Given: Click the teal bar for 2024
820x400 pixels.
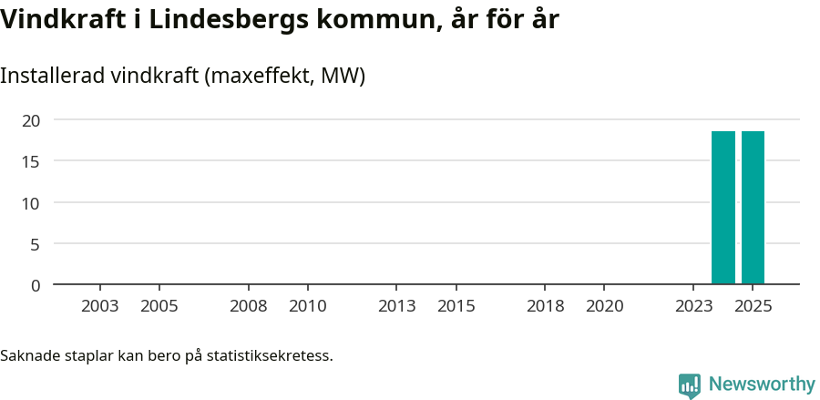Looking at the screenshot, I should tap(723, 208).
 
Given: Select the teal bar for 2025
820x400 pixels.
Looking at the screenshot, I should tap(753, 208).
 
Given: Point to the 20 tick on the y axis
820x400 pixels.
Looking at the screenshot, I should tap(32, 120).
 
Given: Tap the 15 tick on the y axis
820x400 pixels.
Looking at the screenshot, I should tap(32, 161).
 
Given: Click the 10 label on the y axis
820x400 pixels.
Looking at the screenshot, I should tap(32, 202).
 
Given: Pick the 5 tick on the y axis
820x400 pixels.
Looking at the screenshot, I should tap(36, 243).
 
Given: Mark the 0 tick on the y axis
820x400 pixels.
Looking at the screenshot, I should tap(36, 285).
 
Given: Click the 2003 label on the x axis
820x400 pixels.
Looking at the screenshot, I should tap(100, 306).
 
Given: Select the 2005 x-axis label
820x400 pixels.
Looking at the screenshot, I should tap(159, 306).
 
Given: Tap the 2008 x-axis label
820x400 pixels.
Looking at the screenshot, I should tap(249, 306).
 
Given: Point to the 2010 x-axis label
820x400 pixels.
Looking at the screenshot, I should tap(308, 306).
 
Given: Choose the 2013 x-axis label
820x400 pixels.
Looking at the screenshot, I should tap(397, 306).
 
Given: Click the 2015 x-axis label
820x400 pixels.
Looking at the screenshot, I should tap(456, 306).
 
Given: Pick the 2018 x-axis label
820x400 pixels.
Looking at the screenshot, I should tap(546, 306).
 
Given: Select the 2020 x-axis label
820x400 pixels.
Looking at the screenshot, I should tap(605, 306).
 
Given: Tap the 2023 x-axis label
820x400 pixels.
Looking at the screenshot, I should tap(693, 306).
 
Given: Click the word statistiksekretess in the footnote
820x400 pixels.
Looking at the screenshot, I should tap(270, 354).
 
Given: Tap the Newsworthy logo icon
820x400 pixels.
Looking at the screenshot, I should tap(690, 385).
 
